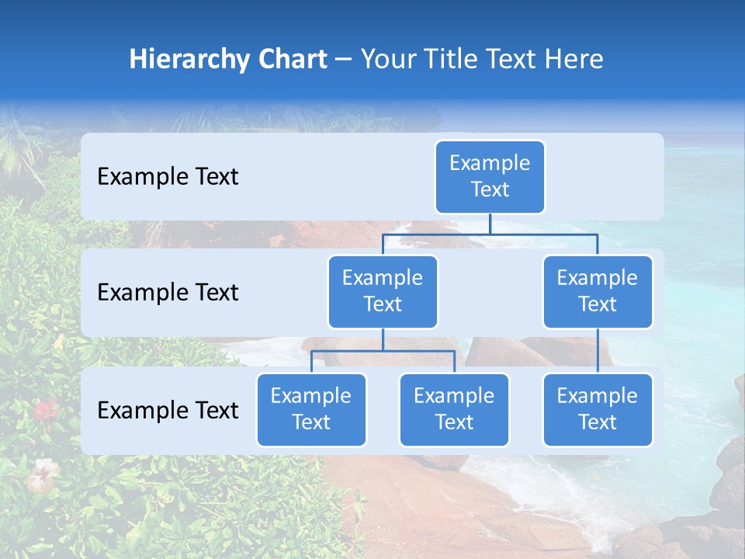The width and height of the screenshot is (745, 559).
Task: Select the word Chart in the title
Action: [x=292, y=59]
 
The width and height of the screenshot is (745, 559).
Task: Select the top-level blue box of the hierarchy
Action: [x=490, y=176]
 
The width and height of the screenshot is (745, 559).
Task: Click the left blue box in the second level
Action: [x=383, y=291]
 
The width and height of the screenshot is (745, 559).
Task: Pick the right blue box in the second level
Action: [x=598, y=291]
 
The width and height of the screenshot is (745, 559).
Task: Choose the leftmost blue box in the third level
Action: [x=311, y=409]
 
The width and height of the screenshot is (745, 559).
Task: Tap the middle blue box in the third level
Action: [x=454, y=409]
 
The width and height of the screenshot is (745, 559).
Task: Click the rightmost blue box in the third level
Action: [x=598, y=409]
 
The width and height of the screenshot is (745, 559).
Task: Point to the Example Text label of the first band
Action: [x=168, y=177]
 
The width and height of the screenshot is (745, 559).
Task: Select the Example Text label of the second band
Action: [x=168, y=293]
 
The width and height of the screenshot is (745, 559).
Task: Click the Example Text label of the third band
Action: [x=168, y=410]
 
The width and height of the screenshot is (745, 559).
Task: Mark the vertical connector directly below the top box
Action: [x=490, y=224]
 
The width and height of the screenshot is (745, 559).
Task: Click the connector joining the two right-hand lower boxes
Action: [x=598, y=351]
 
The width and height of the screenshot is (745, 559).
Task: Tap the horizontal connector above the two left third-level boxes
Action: [x=383, y=351]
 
